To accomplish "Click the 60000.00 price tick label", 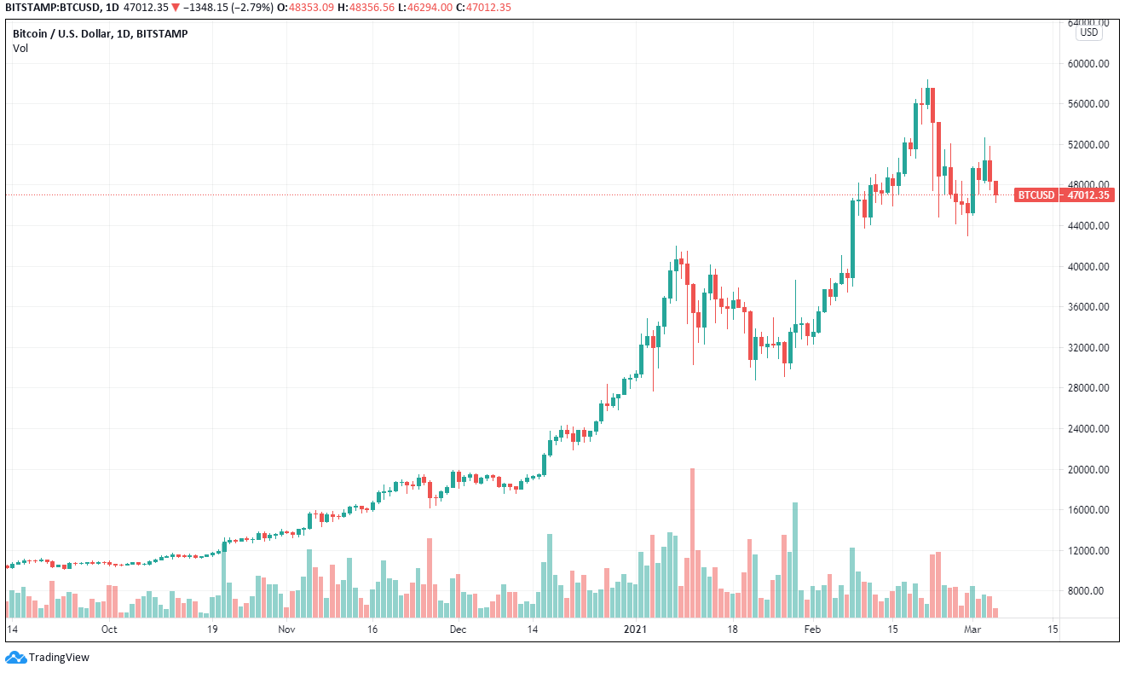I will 1089,63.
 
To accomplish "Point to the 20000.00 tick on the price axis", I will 1089,469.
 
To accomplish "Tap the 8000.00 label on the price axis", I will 1091,591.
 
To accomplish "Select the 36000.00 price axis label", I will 1089,307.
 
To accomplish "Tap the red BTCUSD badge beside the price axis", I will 1036,195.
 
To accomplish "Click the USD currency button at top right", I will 1089,32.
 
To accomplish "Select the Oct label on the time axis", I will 108,629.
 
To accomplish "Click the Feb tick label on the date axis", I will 813,629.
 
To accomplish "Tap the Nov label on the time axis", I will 286,629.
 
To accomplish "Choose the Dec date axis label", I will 458,629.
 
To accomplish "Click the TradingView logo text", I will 59,658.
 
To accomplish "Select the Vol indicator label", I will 20,48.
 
